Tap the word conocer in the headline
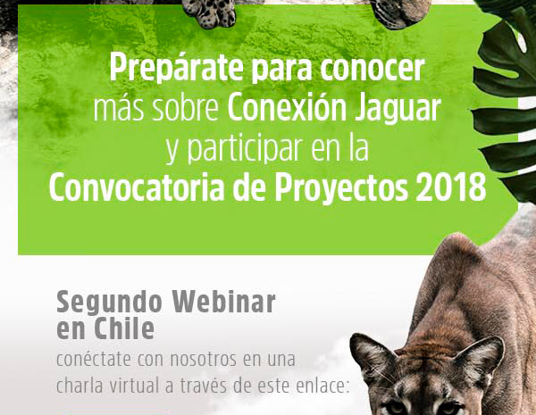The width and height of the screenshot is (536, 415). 373,69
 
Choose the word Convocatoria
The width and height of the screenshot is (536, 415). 137,188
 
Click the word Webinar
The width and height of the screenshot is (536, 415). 223,303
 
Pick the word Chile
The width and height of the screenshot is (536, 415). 124,328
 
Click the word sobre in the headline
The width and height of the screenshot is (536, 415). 185,109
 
